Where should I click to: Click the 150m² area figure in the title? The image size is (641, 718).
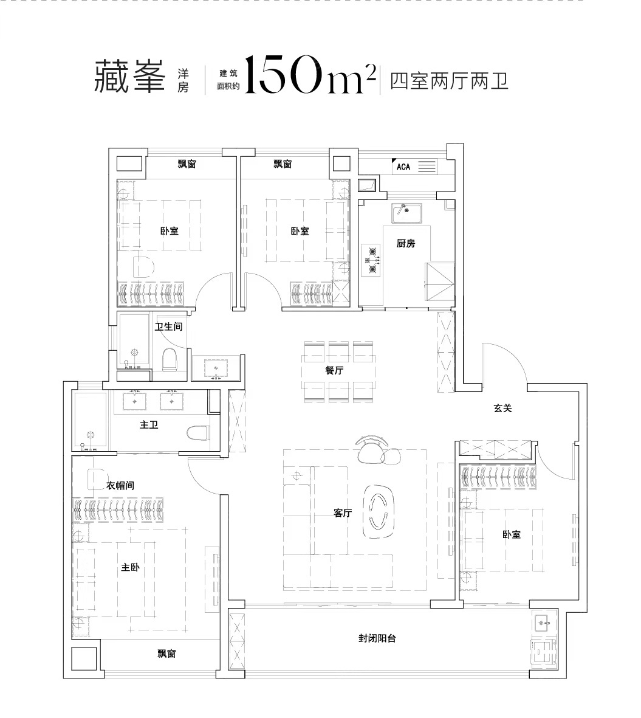(310, 75)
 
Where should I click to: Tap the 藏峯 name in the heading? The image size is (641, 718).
(129, 76)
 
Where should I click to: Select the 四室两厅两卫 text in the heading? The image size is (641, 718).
(449, 81)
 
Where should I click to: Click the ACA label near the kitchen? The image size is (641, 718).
(403, 167)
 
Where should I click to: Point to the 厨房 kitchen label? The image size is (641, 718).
(406, 243)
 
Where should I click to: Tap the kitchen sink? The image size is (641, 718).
(406, 213)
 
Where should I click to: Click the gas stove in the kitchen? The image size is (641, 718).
(371, 260)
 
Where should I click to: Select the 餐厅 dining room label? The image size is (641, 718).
(334, 370)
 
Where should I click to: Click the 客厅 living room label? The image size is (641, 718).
(342, 513)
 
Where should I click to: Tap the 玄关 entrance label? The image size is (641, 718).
(502, 408)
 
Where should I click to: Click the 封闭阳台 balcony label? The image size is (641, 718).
(377, 638)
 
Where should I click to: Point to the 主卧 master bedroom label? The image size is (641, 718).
(130, 567)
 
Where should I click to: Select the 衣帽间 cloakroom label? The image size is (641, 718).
(120, 485)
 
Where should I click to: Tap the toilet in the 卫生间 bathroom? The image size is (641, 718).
(170, 359)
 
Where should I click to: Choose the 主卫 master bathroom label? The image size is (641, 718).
(149, 425)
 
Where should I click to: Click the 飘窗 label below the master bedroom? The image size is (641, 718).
(166, 654)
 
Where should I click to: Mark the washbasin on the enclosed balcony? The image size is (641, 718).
(544, 623)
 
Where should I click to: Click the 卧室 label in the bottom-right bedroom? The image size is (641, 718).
(512, 534)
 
